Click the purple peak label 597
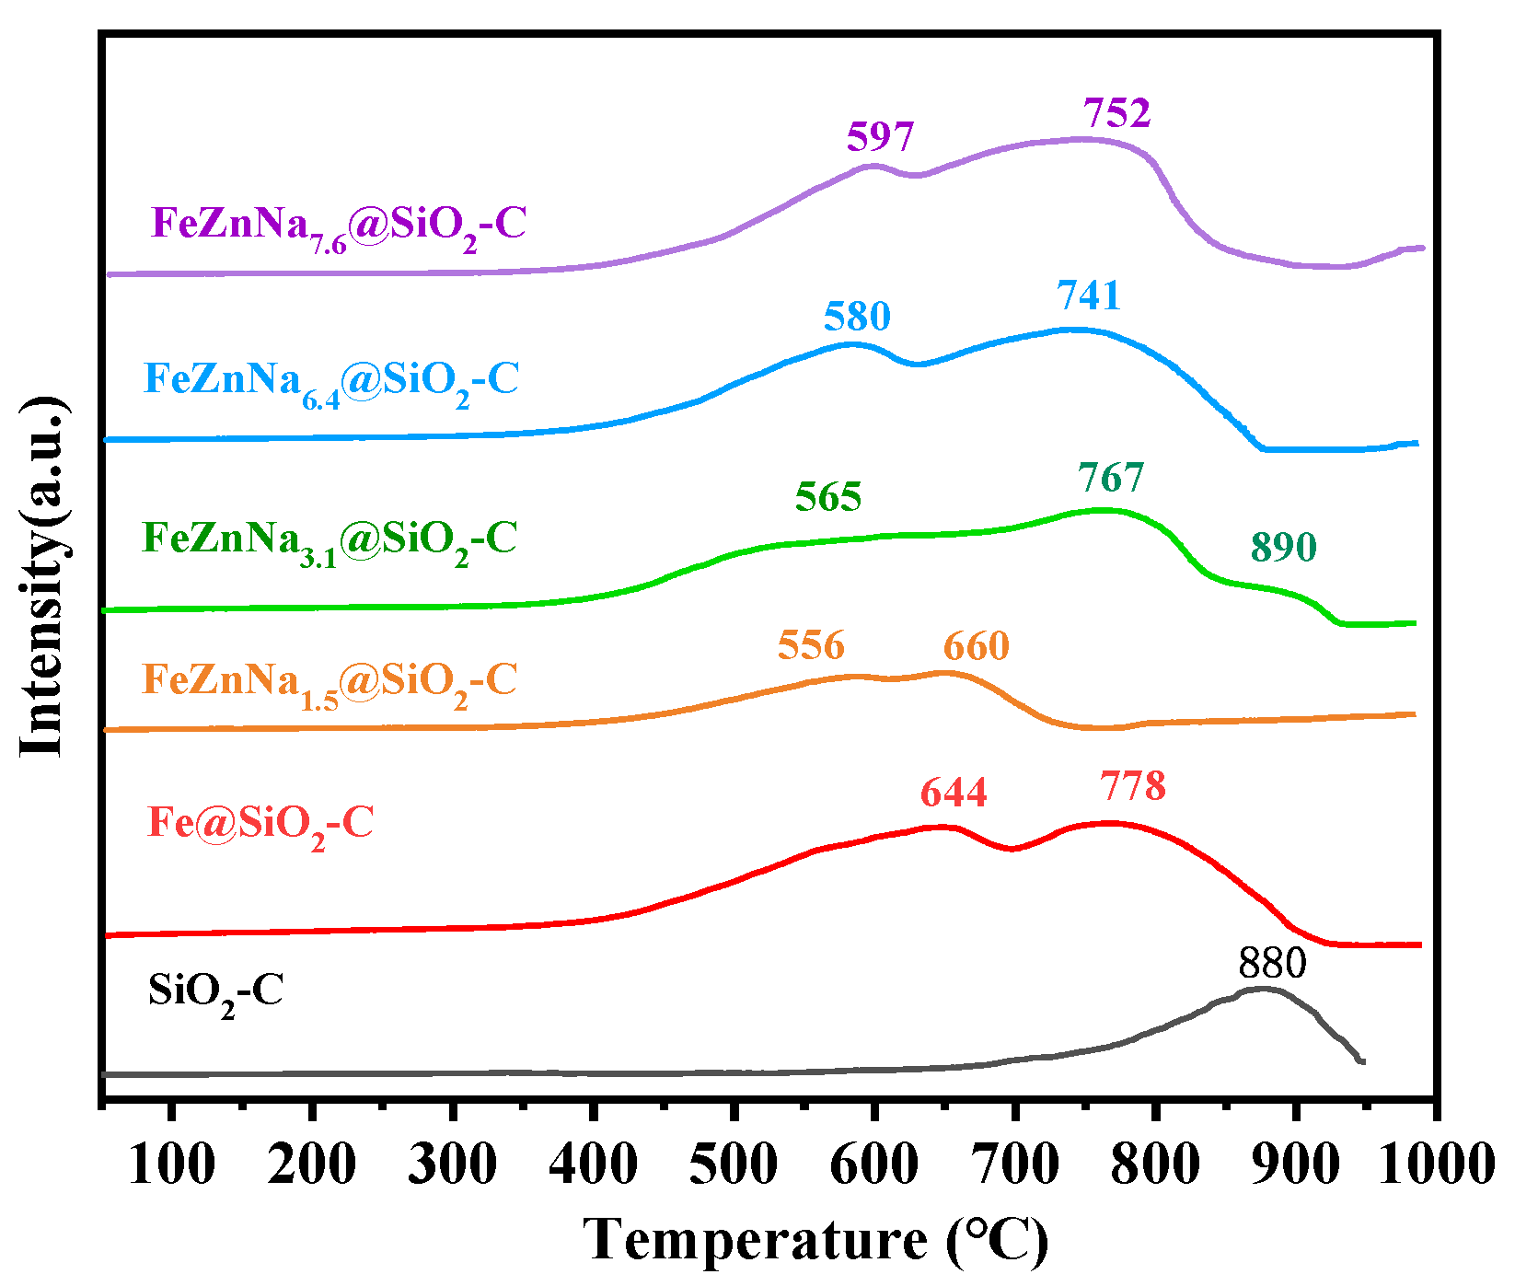pos(881,138)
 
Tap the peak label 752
pos(1116,113)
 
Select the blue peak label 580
pos(857,317)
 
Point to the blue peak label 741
pos(1089,295)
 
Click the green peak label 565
pos(828,497)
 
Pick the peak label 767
pos(1111,479)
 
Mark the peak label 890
pos(1283,547)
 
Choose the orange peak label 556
pos(811,645)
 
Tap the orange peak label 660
pos(976,646)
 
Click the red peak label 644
pos(954,793)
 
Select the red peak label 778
pos(1132,786)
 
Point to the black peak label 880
pos(1272,964)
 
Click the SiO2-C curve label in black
pos(215,992)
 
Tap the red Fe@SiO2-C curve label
pos(260,824)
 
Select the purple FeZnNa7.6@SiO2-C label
pos(339,226)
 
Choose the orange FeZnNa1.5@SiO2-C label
pos(330,684)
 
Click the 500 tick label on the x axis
pos(734,1164)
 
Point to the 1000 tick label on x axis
pos(1436,1164)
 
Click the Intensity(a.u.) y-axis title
pos(44,578)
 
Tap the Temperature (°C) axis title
pos(815,1239)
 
